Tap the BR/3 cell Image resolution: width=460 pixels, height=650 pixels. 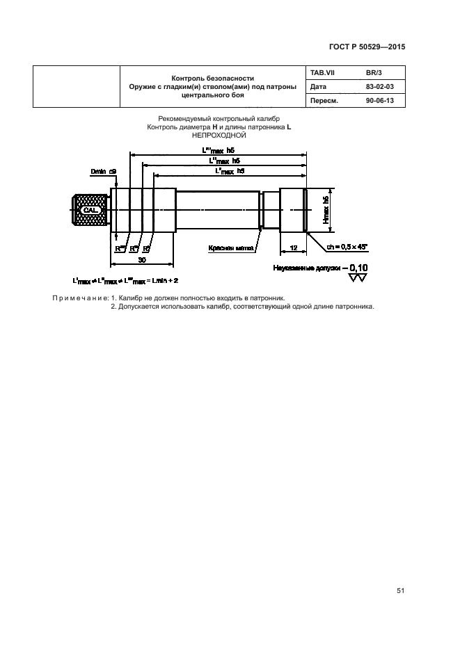pos(374,73)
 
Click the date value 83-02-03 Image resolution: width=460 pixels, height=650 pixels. pos(379,87)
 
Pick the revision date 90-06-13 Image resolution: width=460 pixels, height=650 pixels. pos(379,101)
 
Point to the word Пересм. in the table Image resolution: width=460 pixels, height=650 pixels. pos(323,101)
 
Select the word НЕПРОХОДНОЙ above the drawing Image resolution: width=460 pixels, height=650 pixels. pos(215,136)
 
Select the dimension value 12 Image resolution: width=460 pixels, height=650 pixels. pos(293,248)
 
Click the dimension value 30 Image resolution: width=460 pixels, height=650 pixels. pos(141,259)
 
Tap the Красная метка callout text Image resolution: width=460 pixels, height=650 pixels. pos(230,247)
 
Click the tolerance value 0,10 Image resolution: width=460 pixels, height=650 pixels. pos(358,268)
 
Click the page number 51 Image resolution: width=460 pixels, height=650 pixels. pos(400,591)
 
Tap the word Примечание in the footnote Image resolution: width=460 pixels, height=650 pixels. pos(76,298)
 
